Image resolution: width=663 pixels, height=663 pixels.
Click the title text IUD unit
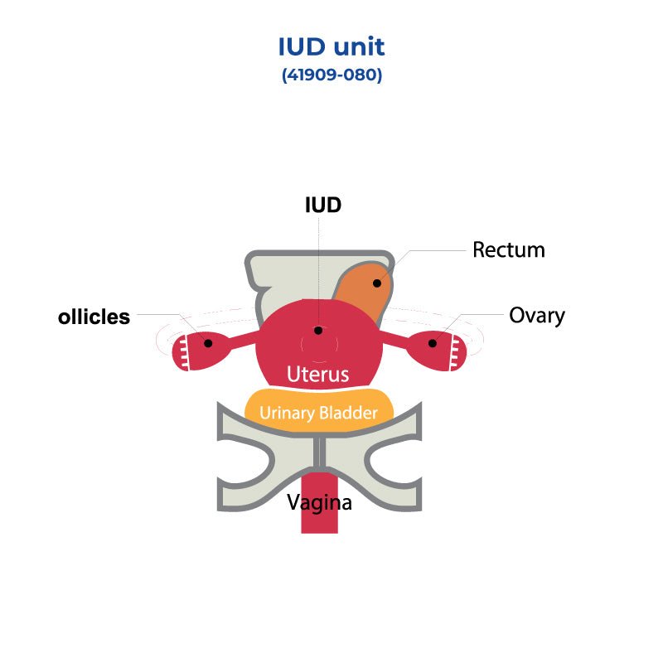pyautogui.click(x=331, y=46)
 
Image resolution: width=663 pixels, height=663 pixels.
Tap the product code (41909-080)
pyautogui.click(x=331, y=75)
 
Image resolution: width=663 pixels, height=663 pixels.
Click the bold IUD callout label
pyautogui.click(x=323, y=205)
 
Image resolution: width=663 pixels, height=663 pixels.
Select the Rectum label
pyautogui.click(x=509, y=249)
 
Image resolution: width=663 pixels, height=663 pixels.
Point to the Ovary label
pyautogui.click(x=537, y=316)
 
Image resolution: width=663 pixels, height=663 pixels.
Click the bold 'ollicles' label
pyautogui.click(x=94, y=317)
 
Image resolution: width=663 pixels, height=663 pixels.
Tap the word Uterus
pyautogui.click(x=318, y=374)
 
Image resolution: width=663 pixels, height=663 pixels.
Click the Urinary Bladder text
pyautogui.click(x=318, y=413)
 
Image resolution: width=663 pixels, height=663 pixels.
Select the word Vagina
pyautogui.click(x=319, y=502)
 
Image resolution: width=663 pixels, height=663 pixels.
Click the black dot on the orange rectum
pyautogui.click(x=376, y=283)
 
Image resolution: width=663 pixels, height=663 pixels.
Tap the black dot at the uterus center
pyautogui.click(x=318, y=331)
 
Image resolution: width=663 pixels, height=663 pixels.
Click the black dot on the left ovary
pyautogui.click(x=208, y=343)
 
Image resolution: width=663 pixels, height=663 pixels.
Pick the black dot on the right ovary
pyautogui.click(x=432, y=343)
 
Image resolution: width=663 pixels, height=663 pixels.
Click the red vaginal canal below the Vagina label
pyautogui.click(x=320, y=522)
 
